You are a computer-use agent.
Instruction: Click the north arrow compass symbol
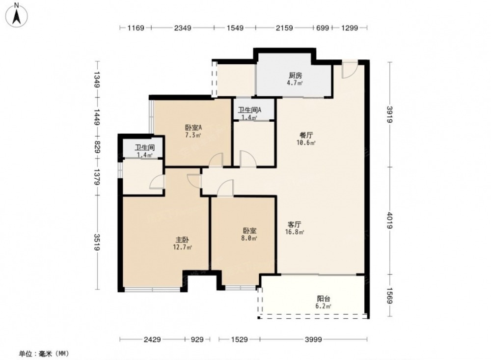[17, 14]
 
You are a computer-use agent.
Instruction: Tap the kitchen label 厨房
[295, 76]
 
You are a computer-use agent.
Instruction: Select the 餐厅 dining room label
[306, 136]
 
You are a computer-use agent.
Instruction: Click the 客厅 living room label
[294, 224]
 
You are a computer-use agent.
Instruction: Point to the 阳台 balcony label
[324, 299]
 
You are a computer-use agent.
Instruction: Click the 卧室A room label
[193, 128]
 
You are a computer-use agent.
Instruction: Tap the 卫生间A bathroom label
[249, 110]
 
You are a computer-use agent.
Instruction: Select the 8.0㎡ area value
[249, 238]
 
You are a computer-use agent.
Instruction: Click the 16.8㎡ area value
[294, 232]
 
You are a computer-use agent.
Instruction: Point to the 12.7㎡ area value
[182, 247]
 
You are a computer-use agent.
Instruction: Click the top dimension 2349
[183, 28]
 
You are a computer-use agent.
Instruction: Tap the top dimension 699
[323, 28]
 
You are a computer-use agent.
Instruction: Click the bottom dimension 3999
[313, 339]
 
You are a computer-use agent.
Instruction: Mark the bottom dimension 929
[197, 339]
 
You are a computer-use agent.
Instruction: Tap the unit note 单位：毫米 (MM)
[44, 354]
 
